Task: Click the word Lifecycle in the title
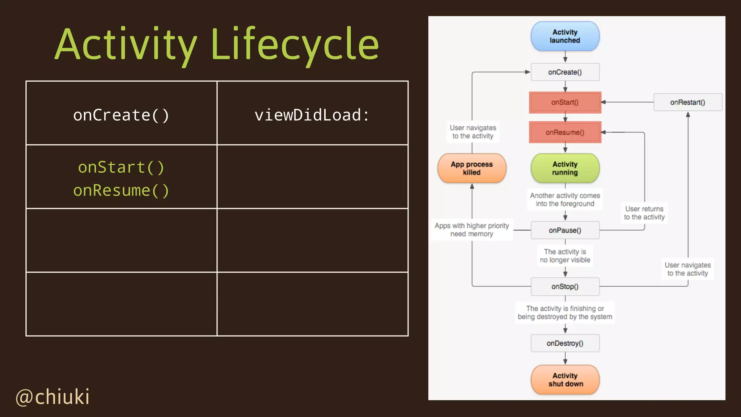click(295, 45)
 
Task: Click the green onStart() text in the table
click(121, 167)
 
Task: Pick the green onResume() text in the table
click(121, 190)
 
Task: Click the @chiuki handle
click(52, 397)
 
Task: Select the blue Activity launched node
click(565, 36)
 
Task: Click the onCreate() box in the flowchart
click(565, 72)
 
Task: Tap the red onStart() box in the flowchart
click(565, 102)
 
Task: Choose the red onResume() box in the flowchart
click(565, 132)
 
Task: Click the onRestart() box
click(687, 102)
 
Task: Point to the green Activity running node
click(565, 168)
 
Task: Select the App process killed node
click(472, 168)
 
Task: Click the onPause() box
click(565, 230)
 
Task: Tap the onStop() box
click(565, 286)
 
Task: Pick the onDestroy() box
click(565, 343)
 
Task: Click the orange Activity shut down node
click(565, 380)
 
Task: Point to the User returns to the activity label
click(644, 213)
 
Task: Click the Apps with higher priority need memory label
click(471, 229)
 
